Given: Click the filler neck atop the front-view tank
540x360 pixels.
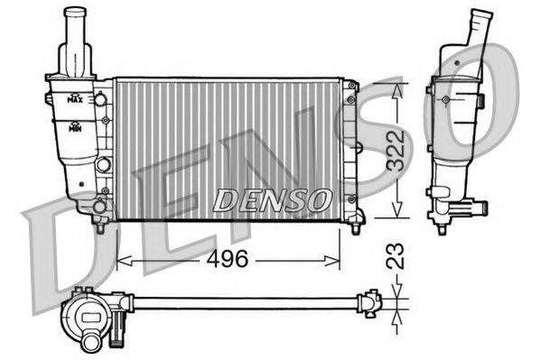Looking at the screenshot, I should click(x=76, y=36).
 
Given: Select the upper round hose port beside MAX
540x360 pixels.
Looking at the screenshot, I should click(x=102, y=97).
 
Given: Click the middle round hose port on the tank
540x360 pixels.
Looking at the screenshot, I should click(x=103, y=165).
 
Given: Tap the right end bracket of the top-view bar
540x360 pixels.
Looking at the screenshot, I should click(x=369, y=301).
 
